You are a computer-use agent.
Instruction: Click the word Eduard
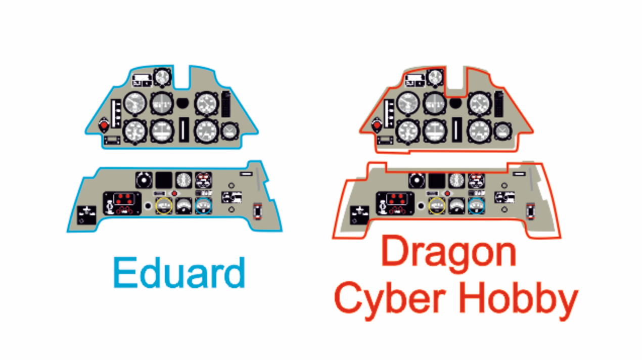pyautogui.click(x=179, y=273)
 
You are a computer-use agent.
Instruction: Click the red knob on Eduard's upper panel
pyautogui.click(x=104, y=125)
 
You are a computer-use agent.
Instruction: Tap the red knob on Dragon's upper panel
pyautogui.click(x=377, y=125)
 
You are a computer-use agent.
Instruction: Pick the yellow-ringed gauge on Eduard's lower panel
pyautogui.click(x=164, y=206)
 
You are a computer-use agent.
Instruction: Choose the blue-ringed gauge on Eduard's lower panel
pyautogui.click(x=204, y=206)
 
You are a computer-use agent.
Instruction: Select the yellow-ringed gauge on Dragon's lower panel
pyautogui.click(x=436, y=206)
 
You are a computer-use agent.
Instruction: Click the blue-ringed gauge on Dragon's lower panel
pyautogui.click(x=477, y=206)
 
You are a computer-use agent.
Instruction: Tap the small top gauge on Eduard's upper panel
pyautogui.click(x=162, y=77)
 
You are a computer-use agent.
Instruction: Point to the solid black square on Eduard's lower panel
pyautogui.click(x=164, y=180)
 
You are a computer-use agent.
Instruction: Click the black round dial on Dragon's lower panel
pyautogui.click(x=417, y=181)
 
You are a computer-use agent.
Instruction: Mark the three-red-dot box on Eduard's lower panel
pyautogui.click(x=122, y=203)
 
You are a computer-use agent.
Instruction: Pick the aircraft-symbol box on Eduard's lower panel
pyautogui.click(x=86, y=215)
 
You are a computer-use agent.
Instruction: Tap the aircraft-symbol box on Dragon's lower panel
pyautogui.click(x=359, y=215)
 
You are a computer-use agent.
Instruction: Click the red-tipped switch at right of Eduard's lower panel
pyautogui.click(x=258, y=211)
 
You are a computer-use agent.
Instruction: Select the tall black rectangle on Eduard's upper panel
pyautogui.click(x=226, y=104)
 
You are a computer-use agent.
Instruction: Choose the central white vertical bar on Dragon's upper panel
pyautogui.click(x=455, y=129)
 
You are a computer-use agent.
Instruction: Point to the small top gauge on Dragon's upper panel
pyautogui.click(x=435, y=77)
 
